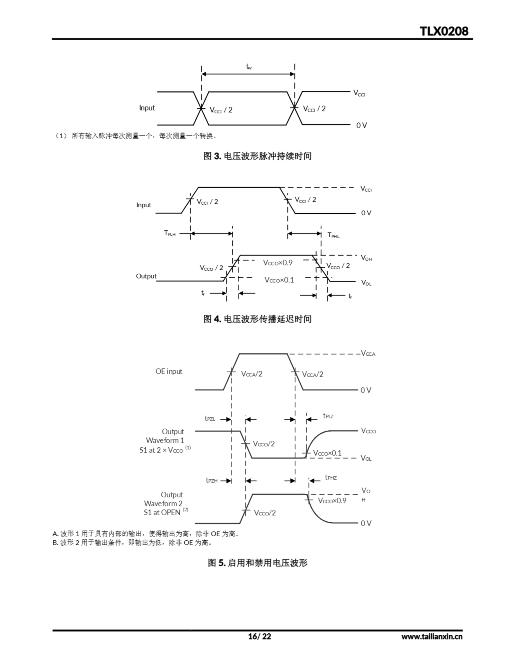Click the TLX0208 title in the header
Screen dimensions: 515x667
coord(444,31)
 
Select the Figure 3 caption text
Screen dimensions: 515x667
coord(257,156)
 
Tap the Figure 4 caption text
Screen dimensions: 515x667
coord(257,319)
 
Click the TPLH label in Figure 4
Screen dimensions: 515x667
coord(170,233)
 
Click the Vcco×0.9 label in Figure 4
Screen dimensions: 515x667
coord(278,262)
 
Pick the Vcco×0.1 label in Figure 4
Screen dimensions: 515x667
coord(279,280)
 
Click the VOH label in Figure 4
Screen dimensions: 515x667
coord(366,258)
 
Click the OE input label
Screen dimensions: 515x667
coord(169,371)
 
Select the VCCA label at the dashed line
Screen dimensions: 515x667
coord(368,353)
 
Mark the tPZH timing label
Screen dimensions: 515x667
coord(212,480)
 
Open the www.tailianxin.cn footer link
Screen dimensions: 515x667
coord(432,637)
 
